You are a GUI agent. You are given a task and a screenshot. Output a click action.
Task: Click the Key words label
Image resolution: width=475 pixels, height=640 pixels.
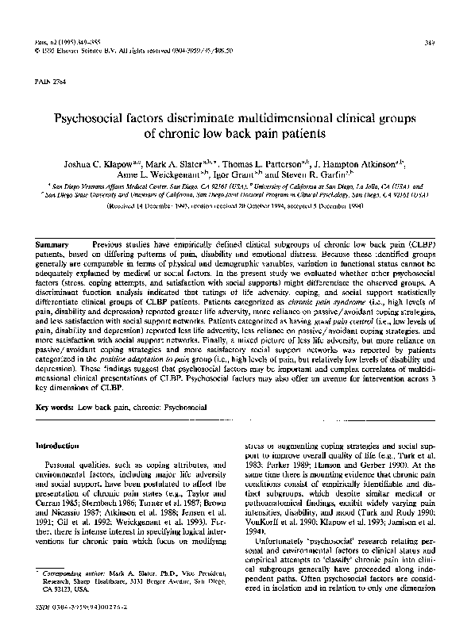[x=55, y=406]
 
